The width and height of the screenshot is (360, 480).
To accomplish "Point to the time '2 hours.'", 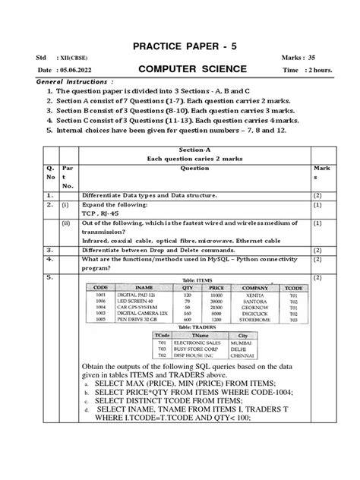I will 313,71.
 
